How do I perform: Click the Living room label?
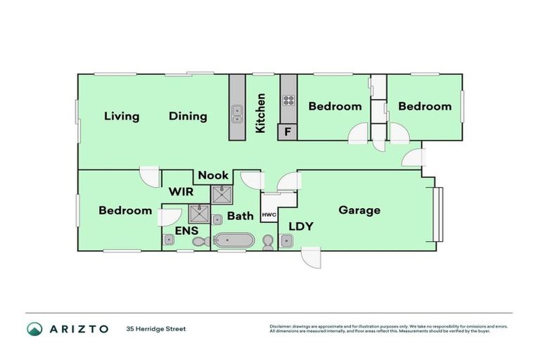(x=122, y=117)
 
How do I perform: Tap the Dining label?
(x=188, y=117)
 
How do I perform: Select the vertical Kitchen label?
(x=260, y=113)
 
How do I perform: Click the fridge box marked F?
(x=287, y=131)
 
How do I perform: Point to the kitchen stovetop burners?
(x=288, y=100)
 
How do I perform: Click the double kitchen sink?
(x=238, y=114)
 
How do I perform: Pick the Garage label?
(x=359, y=210)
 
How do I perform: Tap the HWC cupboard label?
(x=269, y=215)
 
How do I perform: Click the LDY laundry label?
(x=300, y=226)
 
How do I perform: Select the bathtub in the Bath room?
(x=234, y=241)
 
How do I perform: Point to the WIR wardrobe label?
(x=181, y=191)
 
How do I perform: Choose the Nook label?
(x=212, y=175)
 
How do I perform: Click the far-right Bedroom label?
(x=425, y=106)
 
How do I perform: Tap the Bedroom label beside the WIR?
(x=125, y=210)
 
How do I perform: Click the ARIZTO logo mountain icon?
(x=34, y=329)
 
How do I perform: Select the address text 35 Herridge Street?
(x=156, y=329)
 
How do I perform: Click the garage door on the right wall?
(x=438, y=214)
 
